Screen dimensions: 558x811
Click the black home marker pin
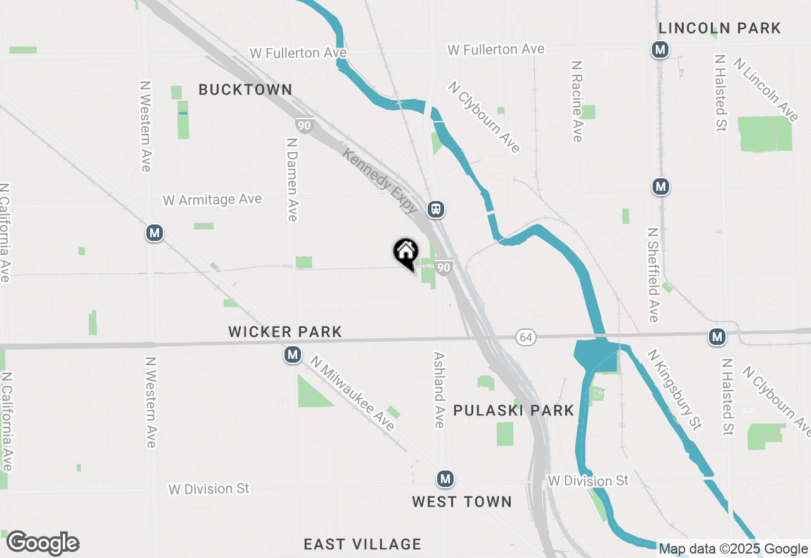405,252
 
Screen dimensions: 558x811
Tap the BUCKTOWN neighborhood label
245,90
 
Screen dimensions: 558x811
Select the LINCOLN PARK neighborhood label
719,28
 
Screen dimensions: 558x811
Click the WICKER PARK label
285,332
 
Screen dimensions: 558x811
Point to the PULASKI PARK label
513,410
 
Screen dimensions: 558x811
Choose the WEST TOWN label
462,502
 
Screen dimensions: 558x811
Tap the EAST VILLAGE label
362,544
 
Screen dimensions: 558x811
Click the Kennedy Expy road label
380,181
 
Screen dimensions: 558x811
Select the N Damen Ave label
292,180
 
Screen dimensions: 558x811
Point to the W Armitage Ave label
212,200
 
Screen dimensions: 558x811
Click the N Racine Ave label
577,101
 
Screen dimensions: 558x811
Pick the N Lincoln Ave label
766,89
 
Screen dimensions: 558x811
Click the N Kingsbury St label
675,389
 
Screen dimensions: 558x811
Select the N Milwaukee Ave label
352,393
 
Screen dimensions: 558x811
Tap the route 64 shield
526,337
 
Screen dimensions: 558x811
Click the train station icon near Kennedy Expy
435,209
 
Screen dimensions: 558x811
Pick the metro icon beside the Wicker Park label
292,354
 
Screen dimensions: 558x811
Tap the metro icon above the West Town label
445,479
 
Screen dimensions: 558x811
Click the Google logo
42,543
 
